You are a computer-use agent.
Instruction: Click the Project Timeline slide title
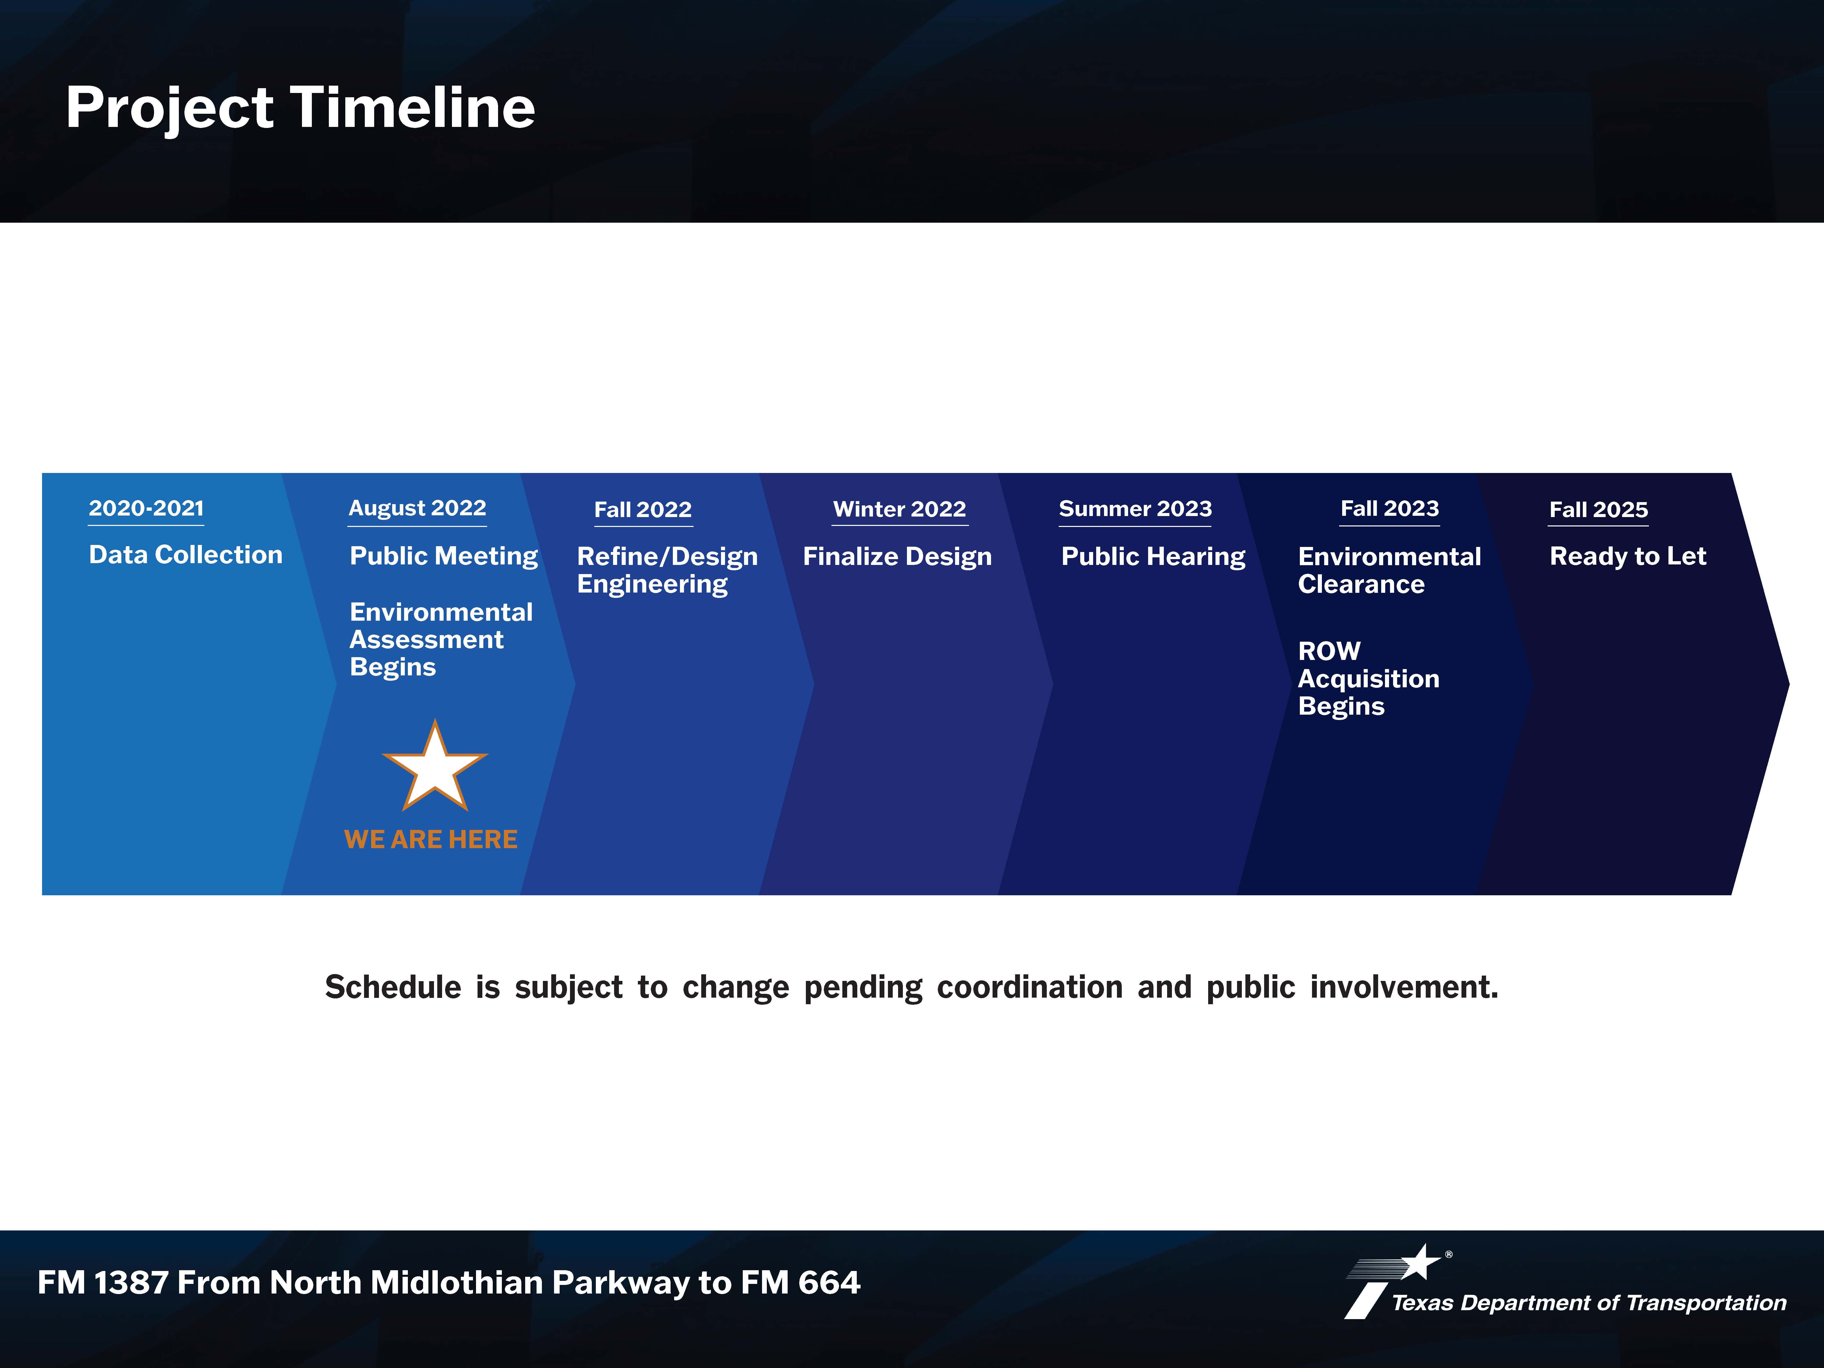[300, 108]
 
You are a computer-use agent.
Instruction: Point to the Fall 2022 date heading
[643, 510]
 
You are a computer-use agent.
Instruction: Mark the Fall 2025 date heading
[1599, 510]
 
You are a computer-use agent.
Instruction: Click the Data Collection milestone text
[185, 555]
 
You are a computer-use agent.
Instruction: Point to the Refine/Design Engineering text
[667, 571]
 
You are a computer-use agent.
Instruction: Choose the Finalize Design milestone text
[897, 557]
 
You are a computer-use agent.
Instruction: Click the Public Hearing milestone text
[1153, 557]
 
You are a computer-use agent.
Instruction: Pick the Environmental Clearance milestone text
[1390, 571]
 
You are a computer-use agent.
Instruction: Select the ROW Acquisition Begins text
[1369, 679]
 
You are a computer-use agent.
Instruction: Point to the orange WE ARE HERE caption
[430, 840]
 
